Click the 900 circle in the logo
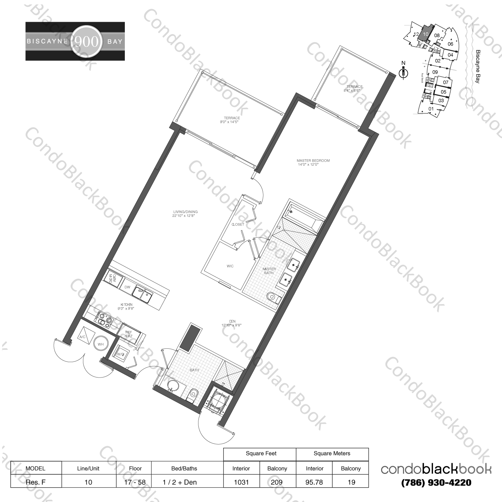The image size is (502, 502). [86, 41]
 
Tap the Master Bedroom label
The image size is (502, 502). [313, 161]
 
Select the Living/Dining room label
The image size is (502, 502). [185, 212]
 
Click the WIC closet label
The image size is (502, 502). [230, 266]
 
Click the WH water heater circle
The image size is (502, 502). [100, 344]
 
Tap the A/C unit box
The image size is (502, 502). [83, 337]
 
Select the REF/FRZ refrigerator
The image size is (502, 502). [129, 334]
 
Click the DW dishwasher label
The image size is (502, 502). [127, 287]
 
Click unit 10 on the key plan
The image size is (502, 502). [425, 34]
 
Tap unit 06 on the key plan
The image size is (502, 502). [450, 44]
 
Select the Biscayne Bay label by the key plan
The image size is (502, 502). [478, 67]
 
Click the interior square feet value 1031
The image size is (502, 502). [241, 482]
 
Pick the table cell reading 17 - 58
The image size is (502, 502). [135, 482]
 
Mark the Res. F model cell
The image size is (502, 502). [35, 482]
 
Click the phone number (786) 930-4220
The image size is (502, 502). [436, 483]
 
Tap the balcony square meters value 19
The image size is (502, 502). [351, 482]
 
